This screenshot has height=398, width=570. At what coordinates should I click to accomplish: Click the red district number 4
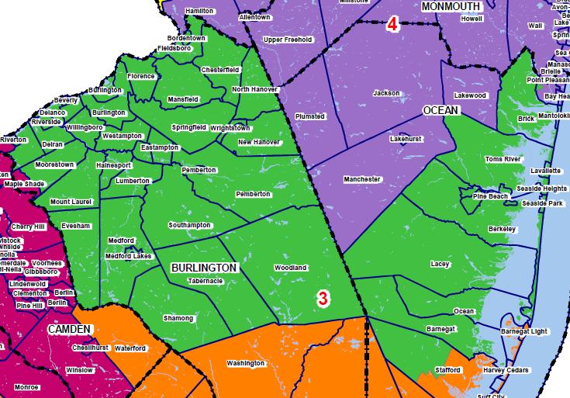[x=392, y=25]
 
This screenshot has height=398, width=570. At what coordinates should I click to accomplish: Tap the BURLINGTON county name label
[x=203, y=267]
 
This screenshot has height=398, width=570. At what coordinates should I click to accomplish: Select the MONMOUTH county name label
[x=451, y=6]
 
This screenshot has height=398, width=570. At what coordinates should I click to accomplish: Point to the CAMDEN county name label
[x=70, y=330]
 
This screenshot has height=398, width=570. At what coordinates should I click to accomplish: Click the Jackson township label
[x=386, y=93]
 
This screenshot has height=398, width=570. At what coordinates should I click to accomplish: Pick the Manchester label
[x=362, y=179]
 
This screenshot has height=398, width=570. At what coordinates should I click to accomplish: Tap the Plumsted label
[x=311, y=116]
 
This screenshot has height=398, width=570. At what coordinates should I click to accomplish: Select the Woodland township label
[x=290, y=268]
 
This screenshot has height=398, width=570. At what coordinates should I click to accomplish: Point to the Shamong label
[x=178, y=318]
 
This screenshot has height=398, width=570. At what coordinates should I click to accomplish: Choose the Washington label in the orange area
[x=245, y=363]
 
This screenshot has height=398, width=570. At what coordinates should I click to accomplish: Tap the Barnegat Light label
[x=523, y=331]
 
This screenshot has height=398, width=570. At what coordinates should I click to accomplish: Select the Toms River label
[x=503, y=159]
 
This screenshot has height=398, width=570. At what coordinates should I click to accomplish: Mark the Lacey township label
[x=440, y=264]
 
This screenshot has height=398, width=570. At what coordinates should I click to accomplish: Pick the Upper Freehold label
[x=288, y=40]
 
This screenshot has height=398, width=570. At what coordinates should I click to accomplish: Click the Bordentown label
[x=187, y=38]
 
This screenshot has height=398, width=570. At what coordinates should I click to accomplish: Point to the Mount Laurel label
[x=71, y=202]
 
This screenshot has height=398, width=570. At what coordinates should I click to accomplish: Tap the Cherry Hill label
[x=29, y=227]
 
